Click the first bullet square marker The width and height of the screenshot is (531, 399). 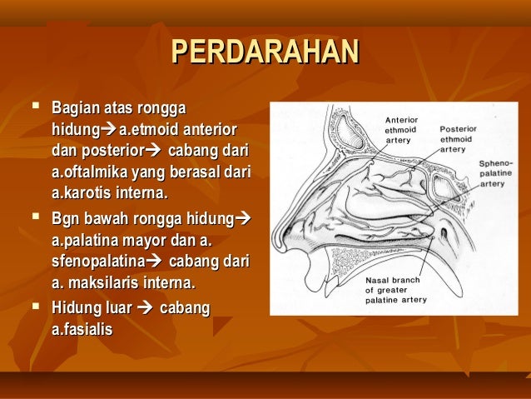[33, 108]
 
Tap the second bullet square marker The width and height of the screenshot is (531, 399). [33, 222]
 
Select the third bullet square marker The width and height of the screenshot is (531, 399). [33, 307]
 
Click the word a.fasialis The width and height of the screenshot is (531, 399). [82, 330]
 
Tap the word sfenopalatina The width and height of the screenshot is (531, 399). [91, 262]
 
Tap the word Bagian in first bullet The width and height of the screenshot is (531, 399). [74, 108]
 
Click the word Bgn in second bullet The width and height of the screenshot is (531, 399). [65, 222]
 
